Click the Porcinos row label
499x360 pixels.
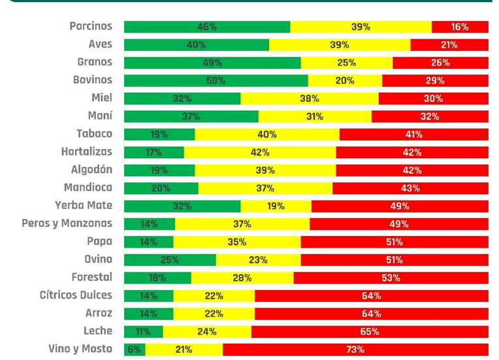(x=91, y=26)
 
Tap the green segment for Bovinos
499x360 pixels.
(x=216, y=80)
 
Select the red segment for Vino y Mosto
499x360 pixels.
(x=355, y=350)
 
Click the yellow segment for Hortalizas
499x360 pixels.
(x=260, y=152)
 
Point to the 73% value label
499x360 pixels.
(x=355, y=350)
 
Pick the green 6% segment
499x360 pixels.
(x=135, y=350)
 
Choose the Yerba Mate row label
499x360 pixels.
(x=84, y=205)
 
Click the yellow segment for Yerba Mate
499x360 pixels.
(x=276, y=206)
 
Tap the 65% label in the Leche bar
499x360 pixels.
(x=370, y=332)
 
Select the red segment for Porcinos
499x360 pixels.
(x=460, y=27)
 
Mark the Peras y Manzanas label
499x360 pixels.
(x=67, y=223)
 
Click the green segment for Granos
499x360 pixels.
(x=212, y=63)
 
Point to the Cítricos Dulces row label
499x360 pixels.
(x=76, y=295)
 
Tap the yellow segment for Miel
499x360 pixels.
(x=310, y=99)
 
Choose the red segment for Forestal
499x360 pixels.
(x=391, y=278)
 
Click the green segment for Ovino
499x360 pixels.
(x=170, y=260)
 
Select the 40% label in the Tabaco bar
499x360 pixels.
(x=267, y=135)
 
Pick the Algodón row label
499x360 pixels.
(x=91, y=170)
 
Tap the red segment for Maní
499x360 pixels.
(x=430, y=116)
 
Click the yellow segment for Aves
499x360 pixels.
(x=340, y=45)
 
